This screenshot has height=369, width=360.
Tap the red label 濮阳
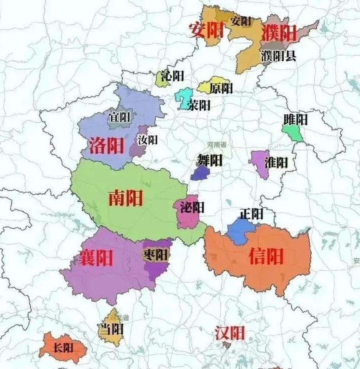279,34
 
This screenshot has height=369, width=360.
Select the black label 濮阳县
278,56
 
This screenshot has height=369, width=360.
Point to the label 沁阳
172,76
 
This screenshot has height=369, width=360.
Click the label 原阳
221,88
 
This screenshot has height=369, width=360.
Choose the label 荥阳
199,105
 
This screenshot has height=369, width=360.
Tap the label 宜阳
119,118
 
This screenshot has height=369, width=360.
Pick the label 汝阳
148,140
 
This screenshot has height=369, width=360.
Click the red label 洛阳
107,146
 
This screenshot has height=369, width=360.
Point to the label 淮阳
276,163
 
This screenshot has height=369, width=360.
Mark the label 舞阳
209,160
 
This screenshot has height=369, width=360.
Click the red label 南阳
125,199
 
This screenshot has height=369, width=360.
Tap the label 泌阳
192,208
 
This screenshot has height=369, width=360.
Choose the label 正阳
251,214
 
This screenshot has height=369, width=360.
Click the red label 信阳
266,256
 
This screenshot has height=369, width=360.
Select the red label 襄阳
96,258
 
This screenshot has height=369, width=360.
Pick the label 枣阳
155,255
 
